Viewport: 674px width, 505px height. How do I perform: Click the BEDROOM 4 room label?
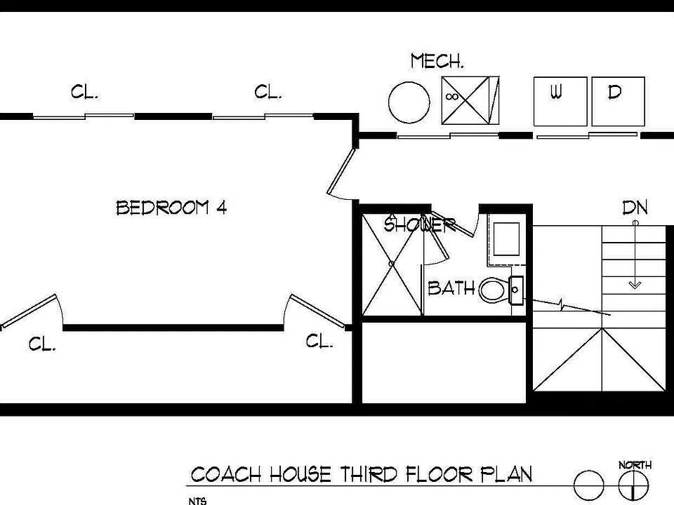coord(171,208)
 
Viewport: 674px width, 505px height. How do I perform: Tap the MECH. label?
coord(437,61)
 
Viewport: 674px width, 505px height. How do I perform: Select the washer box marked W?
coord(560,101)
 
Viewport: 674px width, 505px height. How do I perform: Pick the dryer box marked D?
coord(618,101)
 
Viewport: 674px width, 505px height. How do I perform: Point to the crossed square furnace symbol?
coord(470,100)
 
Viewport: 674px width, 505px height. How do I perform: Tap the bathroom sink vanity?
coord(506,240)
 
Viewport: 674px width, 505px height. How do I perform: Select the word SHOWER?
coord(419,224)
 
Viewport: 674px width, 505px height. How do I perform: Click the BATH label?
coord(451,288)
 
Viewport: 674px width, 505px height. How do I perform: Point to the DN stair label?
coord(635,208)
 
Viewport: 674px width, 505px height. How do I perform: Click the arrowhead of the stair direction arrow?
coord(635,285)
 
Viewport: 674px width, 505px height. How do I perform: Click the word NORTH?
coord(635,464)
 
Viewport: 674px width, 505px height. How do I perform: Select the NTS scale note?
coord(197,501)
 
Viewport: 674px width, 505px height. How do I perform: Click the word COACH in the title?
coord(226,475)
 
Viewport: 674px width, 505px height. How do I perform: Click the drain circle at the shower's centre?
coord(392,264)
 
